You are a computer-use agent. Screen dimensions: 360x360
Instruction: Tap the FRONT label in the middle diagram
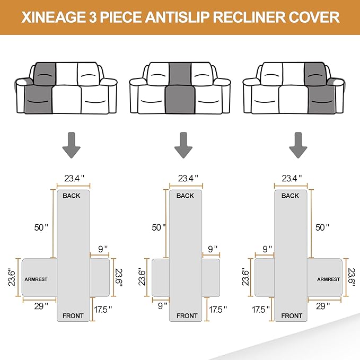tap(187, 315)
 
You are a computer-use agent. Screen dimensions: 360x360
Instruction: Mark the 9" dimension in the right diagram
tap(267, 248)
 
